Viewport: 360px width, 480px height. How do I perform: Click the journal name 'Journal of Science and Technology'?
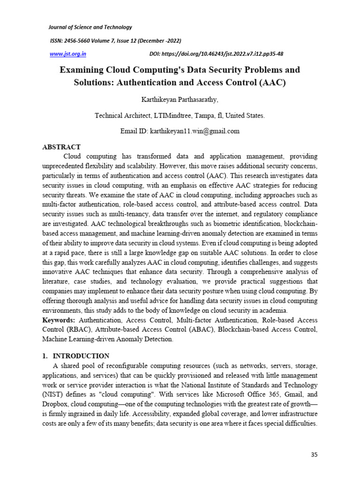91,27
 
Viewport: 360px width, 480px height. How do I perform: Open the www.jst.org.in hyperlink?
68,54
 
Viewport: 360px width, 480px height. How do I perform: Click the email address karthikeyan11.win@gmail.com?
194,131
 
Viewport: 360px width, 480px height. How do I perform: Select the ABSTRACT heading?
61,147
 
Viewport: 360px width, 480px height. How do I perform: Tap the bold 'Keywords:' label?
58,320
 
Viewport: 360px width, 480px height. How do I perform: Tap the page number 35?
315,455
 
